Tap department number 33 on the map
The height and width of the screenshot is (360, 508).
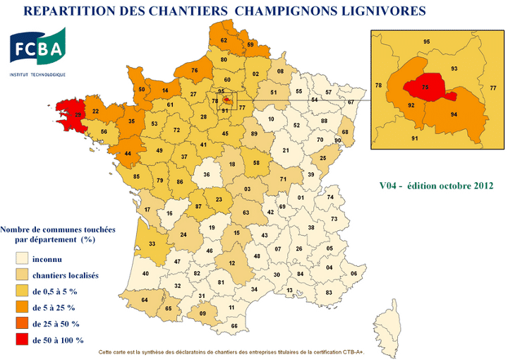click(x=152, y=244)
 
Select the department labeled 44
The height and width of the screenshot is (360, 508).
click(x=127, y=153)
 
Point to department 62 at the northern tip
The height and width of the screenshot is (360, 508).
click(x=224, y=40)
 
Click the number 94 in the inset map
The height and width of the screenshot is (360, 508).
click(x=455, y=114)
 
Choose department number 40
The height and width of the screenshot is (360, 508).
click(x=146, y=273)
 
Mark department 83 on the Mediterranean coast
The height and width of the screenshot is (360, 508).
click(x=328, y=292)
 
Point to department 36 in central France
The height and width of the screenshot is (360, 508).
click(x=207, y=174)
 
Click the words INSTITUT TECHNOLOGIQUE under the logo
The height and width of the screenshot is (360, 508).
click(x=37, y=74)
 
